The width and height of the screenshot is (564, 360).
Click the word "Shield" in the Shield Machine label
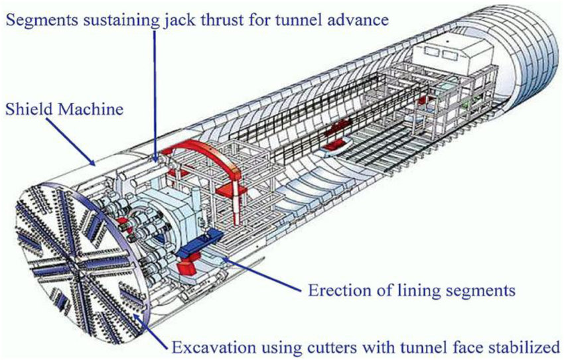[28, 109]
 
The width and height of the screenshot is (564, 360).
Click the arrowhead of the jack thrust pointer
[155, 161]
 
